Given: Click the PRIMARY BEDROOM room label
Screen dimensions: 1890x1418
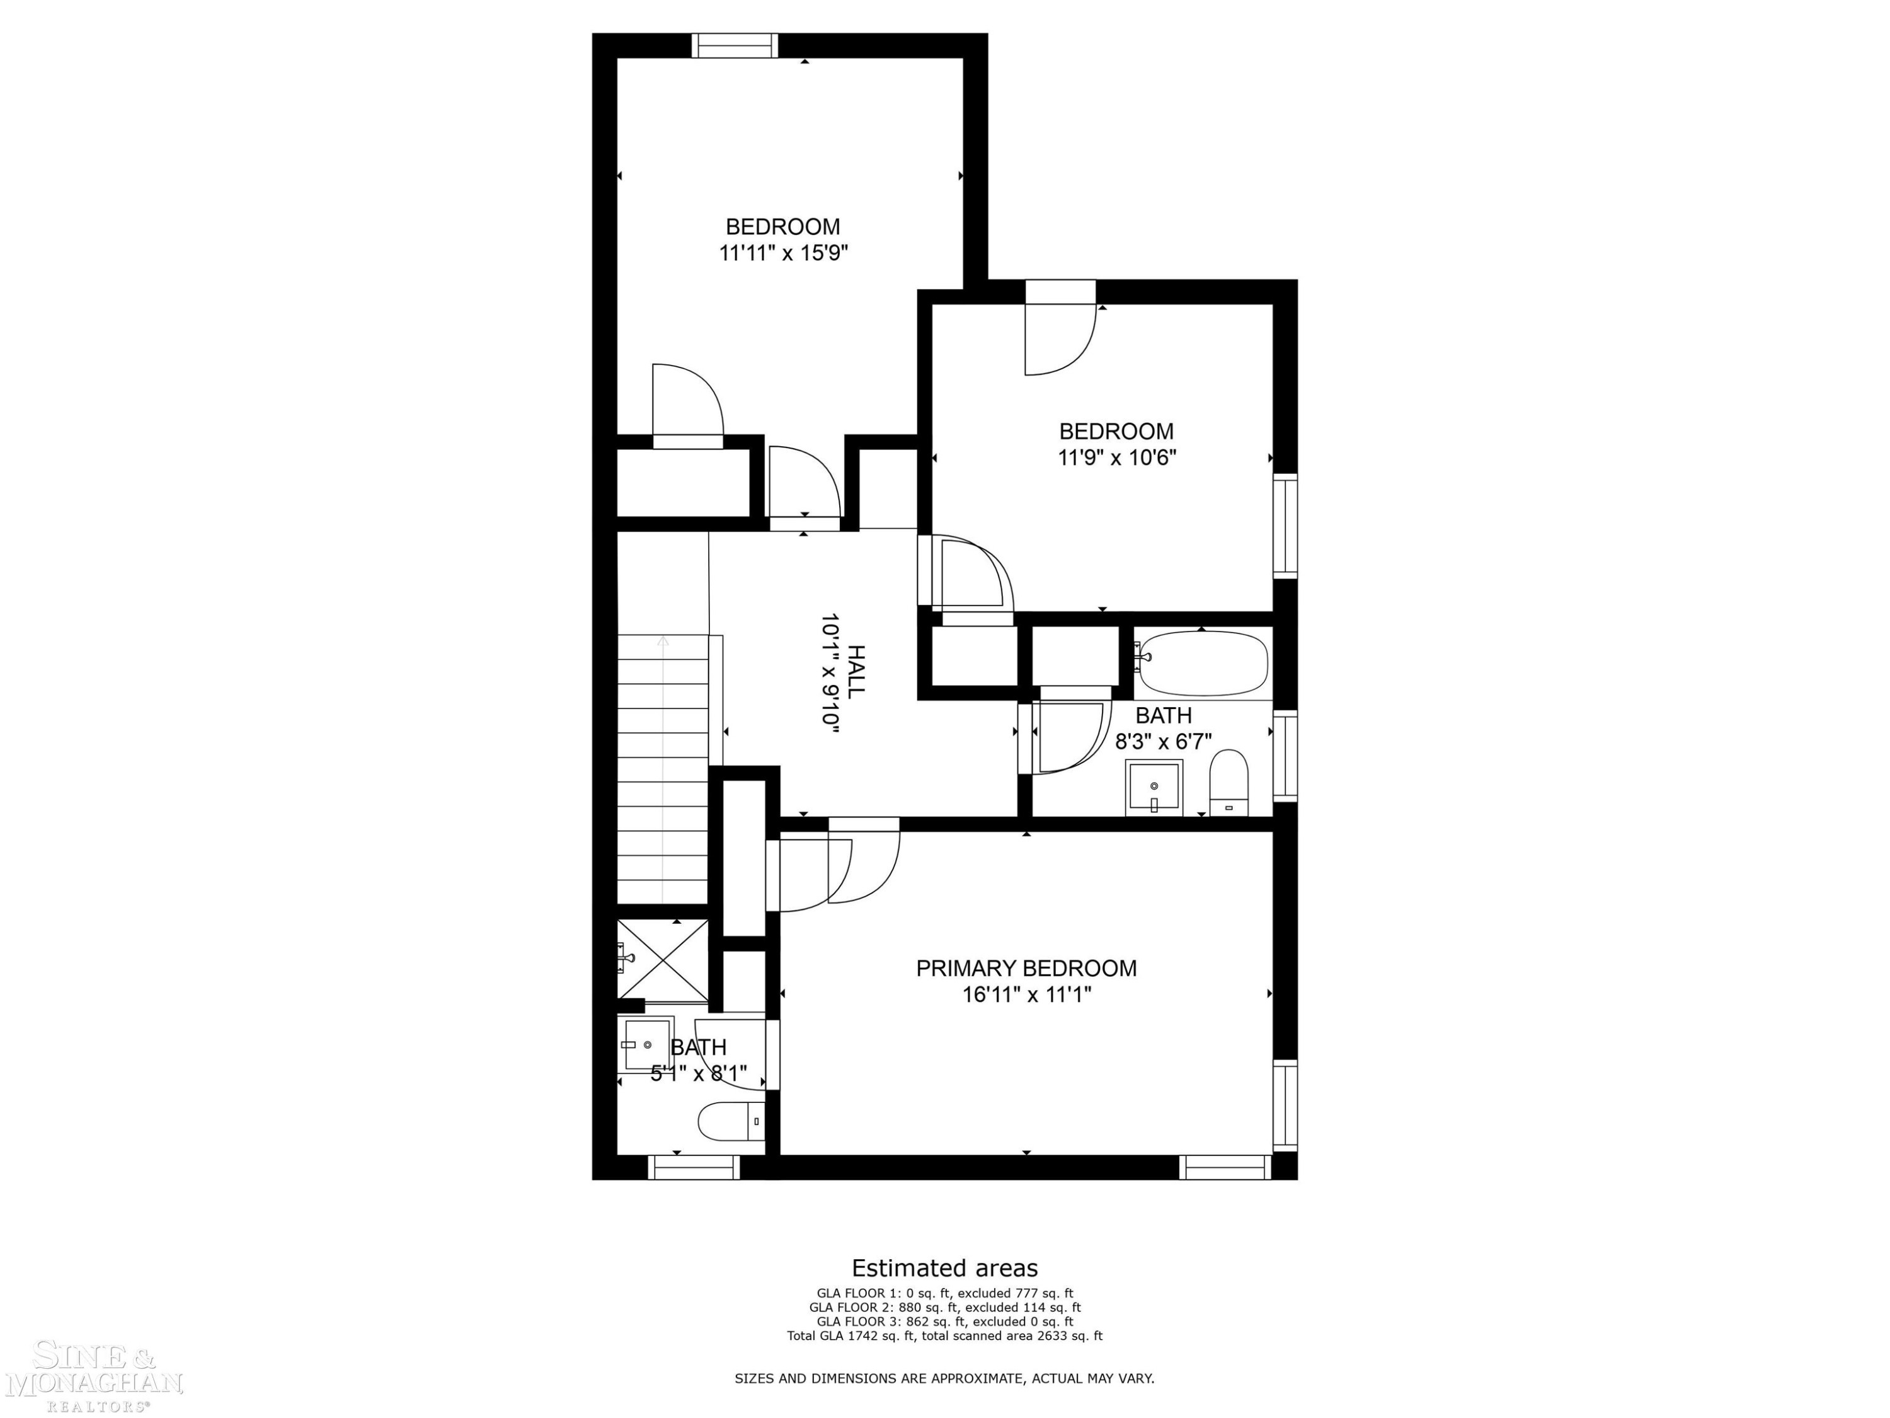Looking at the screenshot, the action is coord(1026,969).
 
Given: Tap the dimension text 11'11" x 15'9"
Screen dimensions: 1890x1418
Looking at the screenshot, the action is coord(784,253).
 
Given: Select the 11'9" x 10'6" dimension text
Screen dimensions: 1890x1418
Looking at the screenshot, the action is coord(1117,458).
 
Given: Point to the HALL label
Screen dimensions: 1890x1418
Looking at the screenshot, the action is coord(856,671).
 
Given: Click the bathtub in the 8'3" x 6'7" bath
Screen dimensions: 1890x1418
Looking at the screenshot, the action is coord(1201,663).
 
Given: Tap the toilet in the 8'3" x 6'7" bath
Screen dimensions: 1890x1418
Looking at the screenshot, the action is coord(1228,783).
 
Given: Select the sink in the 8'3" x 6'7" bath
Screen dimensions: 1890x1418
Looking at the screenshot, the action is coord(1154,787).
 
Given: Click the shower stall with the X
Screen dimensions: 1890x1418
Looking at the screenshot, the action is coord(663,960).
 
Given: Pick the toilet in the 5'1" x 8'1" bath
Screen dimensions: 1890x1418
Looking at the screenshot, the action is coord(731,1121).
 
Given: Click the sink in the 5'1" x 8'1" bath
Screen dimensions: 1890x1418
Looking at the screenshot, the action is coord(647,1044).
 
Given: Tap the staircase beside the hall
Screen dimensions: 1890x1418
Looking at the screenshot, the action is coord(663,770).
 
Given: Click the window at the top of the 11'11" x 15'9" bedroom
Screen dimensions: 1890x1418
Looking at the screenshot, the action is coord(735,45).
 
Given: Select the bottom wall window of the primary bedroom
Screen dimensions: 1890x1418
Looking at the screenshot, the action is coord(1225,1168).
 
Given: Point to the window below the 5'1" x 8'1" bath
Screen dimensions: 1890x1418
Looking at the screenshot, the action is coord(694,1168).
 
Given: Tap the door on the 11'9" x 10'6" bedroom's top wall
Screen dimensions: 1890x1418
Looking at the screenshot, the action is coord(1060,328).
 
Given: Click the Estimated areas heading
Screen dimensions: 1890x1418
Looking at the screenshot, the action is coord(945,1267).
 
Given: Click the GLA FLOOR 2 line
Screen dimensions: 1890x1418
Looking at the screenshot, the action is coord(945,1307).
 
